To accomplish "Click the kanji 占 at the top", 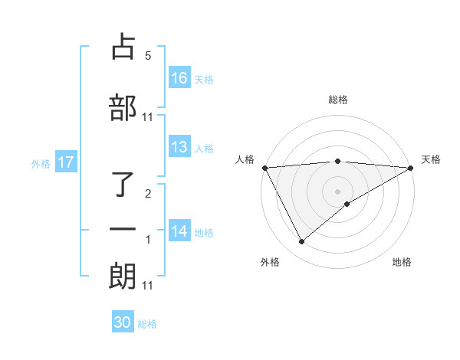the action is click(124, 47).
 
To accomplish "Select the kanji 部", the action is click(123, 107).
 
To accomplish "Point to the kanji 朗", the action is click(123, 275).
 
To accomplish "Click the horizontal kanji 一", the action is click(123, 230).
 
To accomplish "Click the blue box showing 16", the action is click(179, 77).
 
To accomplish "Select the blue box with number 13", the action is click(179, 147).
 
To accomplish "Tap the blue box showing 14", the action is click(179, 231).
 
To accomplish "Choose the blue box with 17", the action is click(65, 162).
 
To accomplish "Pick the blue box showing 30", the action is click(123, 322).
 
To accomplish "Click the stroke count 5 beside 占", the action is click(148, 56).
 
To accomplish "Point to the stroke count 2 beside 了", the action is click(148, 194).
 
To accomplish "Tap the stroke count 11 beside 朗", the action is click(148, 285).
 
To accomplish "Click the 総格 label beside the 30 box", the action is click(147, 324).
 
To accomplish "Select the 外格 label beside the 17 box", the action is click(41, 163).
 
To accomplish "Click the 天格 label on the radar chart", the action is click(432, 159).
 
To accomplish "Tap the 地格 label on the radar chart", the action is click(402, 262).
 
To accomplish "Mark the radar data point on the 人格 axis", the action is click(264, 168).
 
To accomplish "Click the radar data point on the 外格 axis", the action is click(301, 242).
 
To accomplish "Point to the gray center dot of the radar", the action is click(337, 191).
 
